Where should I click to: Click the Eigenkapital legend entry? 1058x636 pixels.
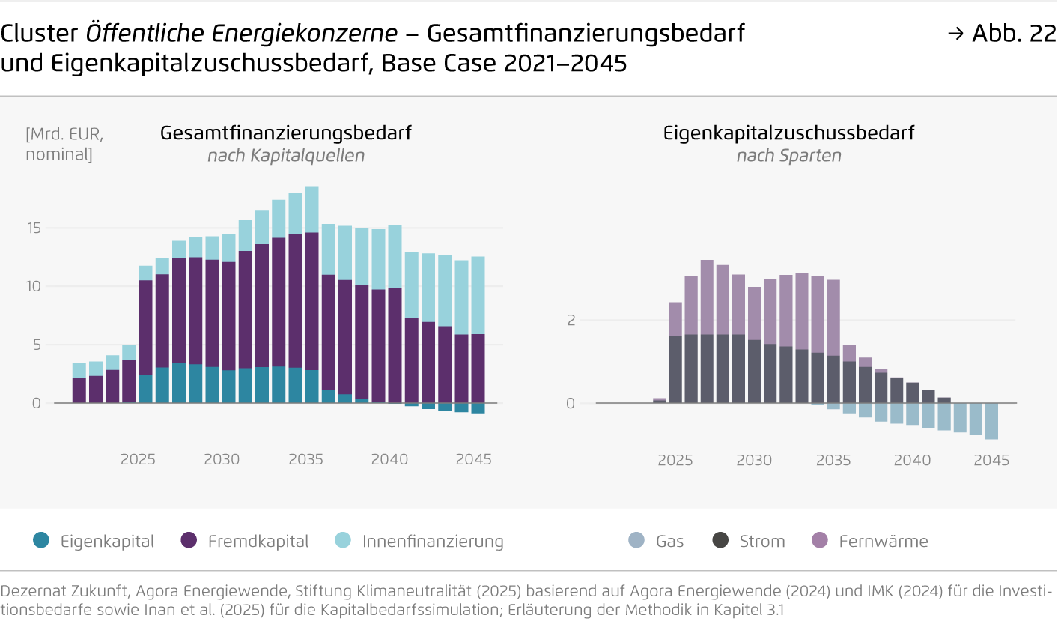click(94, 541)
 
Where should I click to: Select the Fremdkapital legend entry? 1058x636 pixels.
click(244, 541)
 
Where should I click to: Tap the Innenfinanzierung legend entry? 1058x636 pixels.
click(419, 541)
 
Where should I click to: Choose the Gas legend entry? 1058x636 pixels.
click(657, 541)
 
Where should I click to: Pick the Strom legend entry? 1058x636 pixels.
click(749, 541)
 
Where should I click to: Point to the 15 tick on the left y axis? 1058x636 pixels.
click(34, 228)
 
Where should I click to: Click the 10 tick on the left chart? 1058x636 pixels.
click(34, 286)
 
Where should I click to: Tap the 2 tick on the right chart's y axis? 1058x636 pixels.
click(571, 320)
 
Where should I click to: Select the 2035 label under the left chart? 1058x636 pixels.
click(305, 459)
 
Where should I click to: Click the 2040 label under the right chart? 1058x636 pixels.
click(912, 460)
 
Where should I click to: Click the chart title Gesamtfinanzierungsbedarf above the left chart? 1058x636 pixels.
click(286, 133)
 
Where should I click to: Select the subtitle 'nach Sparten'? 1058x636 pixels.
click(788, 156)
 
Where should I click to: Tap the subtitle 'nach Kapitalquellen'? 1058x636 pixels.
click(286, 156)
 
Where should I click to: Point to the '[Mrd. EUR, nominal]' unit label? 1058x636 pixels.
click(64, 144)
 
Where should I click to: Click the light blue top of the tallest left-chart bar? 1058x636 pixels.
click(312, 209)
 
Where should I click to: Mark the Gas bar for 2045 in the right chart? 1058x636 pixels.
click(991, 421)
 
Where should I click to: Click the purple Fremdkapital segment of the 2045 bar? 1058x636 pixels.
click(478, 369)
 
